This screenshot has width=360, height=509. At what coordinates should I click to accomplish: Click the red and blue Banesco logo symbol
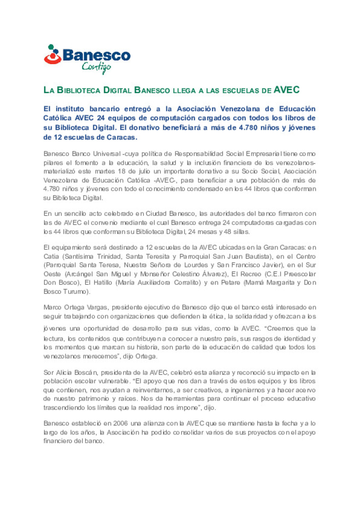52,54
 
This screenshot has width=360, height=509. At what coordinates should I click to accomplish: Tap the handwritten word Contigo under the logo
96,67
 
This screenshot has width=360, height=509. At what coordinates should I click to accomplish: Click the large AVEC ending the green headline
286,90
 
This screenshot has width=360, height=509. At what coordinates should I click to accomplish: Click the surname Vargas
97,307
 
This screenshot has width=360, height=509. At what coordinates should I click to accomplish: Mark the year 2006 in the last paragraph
120,423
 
